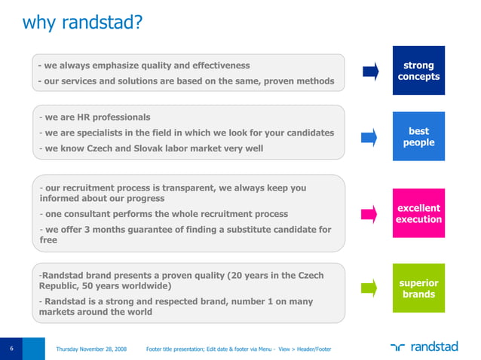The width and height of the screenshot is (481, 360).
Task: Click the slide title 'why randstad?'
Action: pos(82,24)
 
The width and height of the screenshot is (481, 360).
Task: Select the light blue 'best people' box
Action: pos(419,137)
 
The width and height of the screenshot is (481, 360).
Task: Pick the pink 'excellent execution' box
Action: pos(419,213)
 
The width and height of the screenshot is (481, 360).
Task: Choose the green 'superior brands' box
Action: pos(419,288)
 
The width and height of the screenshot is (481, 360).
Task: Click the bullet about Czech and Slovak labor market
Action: pos(151,148)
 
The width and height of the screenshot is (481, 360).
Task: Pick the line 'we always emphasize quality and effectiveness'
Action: pos(143,66)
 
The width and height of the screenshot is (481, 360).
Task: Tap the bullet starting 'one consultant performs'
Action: pos(163,214)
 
